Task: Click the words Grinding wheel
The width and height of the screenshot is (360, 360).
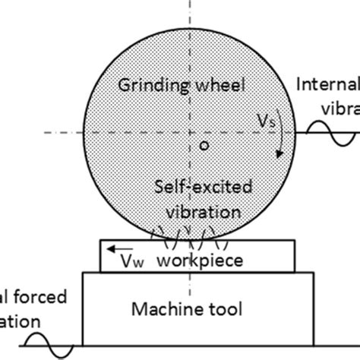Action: [182, 85]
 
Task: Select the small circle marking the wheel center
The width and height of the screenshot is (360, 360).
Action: [203, 147]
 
